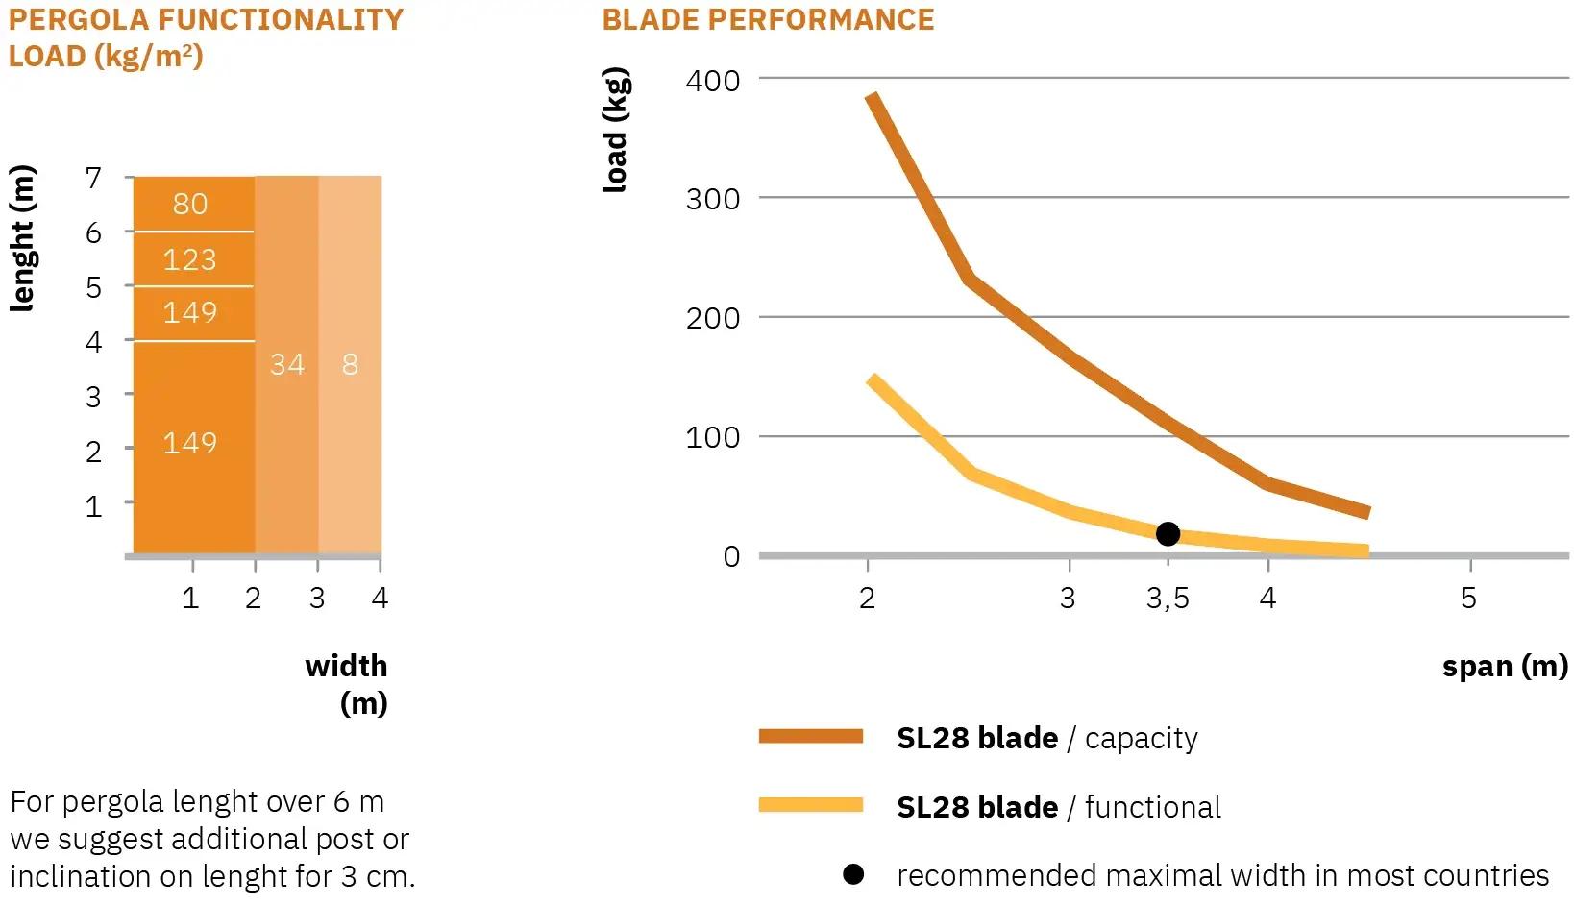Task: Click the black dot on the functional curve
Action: pyautogui.click(x=1168, y=534)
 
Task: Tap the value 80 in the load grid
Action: pyautogui.click(x=190, y=204)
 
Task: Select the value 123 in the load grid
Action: pyautogui.click(x=190, y=259)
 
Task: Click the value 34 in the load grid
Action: pyautogui.click(x=287, y=364)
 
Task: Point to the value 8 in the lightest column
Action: pyautogui.click(x=350, y=364)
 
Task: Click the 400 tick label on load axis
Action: pyautogui.click(x=713, y=81)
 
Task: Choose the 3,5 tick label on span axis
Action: pyautogui.click(x=1168, y=599)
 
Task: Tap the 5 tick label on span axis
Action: pyautogui.click(x=1468, y=599)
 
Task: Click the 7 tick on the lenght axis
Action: pyautogui.click(x=93, y=178)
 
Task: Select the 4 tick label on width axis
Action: pyautogui.click(x=380, y=599)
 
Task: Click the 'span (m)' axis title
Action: pyautogui.click(x=1505, y=666)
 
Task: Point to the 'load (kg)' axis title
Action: pyautogui.click(x=616, y=130)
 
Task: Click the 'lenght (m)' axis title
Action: pyautogui.click(x=22, y=238)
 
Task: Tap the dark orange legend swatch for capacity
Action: pyautogui.click(x=810, y=737)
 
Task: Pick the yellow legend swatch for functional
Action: pyautogui.click(x=810, y=805)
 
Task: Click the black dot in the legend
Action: pyautogui.click(x=853, y=874)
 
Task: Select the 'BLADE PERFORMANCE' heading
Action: pyautogui.click(x=768, y=20)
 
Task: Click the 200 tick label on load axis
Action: pyautogui.click(x=713, y=318)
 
